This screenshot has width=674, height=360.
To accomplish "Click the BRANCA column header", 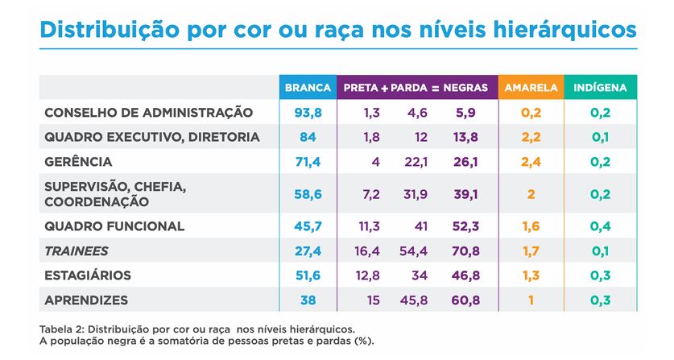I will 308,87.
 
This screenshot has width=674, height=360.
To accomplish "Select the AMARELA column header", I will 527,87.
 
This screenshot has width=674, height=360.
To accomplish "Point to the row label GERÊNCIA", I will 78,162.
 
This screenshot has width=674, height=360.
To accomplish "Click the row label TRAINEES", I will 76,251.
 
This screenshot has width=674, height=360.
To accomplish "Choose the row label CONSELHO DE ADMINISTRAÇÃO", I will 148,113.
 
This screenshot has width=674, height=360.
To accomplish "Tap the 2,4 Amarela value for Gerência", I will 531,162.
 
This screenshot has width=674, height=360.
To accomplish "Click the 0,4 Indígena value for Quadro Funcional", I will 599,226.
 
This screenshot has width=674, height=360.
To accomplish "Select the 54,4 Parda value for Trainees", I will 414,251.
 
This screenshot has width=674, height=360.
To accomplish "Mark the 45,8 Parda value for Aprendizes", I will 414,300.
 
